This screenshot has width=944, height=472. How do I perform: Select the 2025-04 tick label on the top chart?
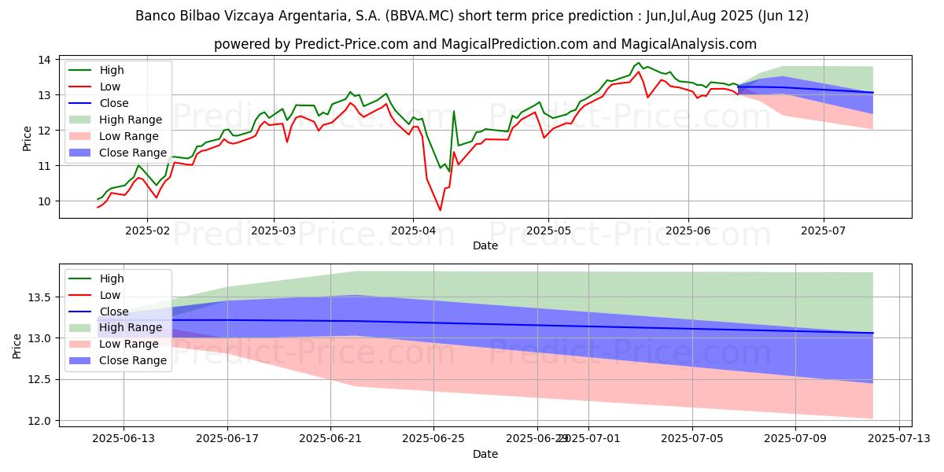coord(413,230)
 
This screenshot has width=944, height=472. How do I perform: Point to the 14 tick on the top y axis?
coord(45,60)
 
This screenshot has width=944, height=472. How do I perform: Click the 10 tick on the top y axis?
coord(45,201)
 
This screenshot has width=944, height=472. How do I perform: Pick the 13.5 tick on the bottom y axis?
coord(39,297)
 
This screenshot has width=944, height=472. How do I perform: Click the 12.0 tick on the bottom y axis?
coord(39,421)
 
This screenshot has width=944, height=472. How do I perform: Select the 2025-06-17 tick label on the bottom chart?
coord(227,439)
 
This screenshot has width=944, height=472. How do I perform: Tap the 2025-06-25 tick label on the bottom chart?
coord(434,439)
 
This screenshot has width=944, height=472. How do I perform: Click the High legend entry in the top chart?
coord(111,70)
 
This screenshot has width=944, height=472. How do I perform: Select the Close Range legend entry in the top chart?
coord(133,153)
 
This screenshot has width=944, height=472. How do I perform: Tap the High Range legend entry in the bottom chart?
coord(131,327)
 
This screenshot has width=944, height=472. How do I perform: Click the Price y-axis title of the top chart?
coord(28,138)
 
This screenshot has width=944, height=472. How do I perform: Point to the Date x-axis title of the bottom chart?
coord(485,454)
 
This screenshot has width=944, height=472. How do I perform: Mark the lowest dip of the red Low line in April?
coord(441,210)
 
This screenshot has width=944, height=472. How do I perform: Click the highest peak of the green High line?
coord(638,63)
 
